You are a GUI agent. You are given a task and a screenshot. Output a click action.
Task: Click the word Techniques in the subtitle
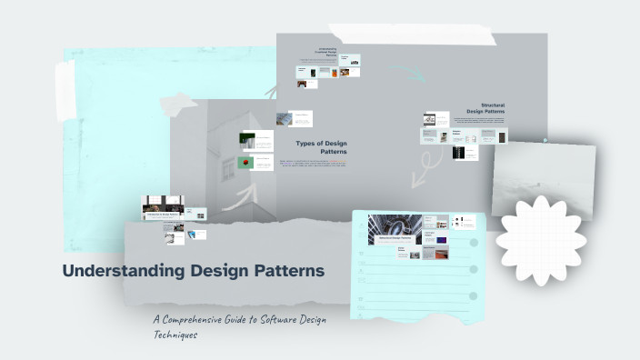tap(175, 335)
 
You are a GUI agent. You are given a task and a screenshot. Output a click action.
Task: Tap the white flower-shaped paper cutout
tap(540, 239)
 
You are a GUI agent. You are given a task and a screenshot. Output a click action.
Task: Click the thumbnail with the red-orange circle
tap(245, 163)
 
